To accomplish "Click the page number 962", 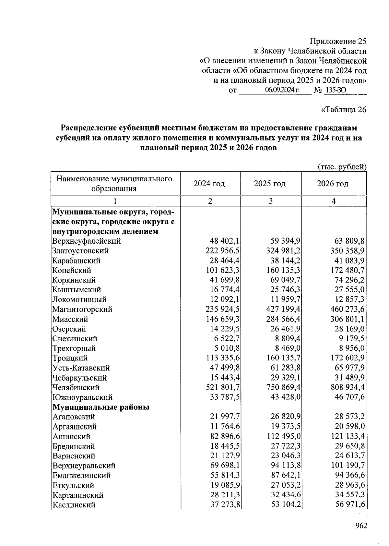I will (x=361, y=526).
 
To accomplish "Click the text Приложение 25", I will (x=338, y=42).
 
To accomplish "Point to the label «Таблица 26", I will (x=344, y=110).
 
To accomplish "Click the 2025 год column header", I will (x=270, y=184).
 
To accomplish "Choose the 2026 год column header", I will (x=333, y=184).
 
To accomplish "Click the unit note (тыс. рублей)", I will (x=342, y=167).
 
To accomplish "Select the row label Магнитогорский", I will (x=82, y=309).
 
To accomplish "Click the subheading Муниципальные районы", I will (x=101, y=407).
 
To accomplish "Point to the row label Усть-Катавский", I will (x=81, y=368).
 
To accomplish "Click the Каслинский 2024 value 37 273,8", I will (x=225, y=505).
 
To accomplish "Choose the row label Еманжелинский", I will (x=81, y=476).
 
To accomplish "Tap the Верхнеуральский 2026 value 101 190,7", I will (x=348, y=466).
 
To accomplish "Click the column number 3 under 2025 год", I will (x=271, y=201).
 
